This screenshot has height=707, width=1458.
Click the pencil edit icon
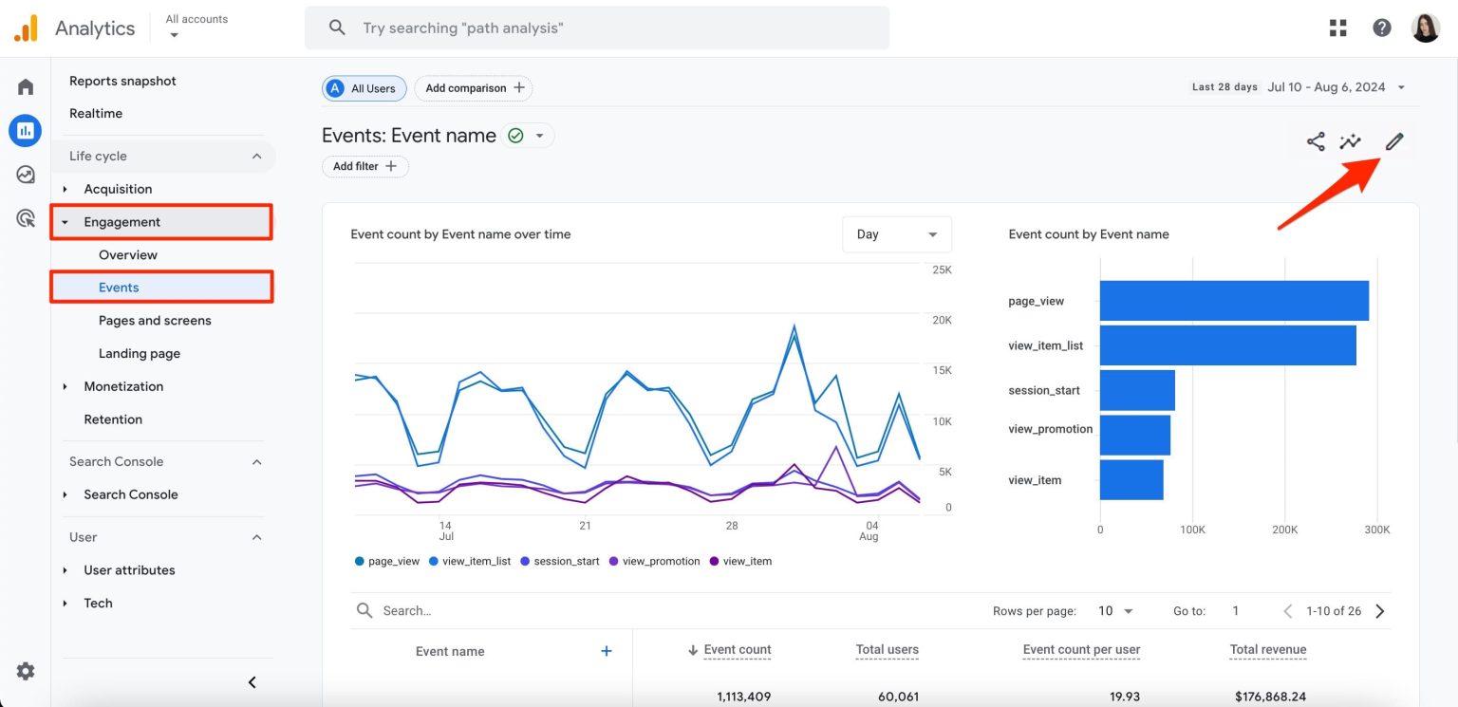[x=1393, y=142]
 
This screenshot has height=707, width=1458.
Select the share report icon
[x=1316, y=142]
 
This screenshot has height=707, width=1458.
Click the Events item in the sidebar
[x=119, y=288]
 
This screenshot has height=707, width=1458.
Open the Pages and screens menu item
[x=155, y=321]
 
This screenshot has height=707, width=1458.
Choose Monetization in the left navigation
[x=123, y=386]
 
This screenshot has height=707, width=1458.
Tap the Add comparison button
[x=474, y=88]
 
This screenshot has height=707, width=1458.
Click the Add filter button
[x=365, y=166]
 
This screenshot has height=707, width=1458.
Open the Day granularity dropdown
[x=896, y=234]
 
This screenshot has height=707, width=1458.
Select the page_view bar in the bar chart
[x=1233, y=301]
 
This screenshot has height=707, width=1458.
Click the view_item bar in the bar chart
[x=1131, y=479]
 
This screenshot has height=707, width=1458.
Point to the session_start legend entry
[x=566, y=562]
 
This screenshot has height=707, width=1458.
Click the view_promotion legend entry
[x=661, y=562]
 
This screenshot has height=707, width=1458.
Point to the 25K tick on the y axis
[x=942, y=270]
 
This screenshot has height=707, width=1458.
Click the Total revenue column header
[x=1267, y=650]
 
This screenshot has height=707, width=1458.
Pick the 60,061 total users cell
[x=897, y=697]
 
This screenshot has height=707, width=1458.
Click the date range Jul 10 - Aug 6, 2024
[x=1326, y=87]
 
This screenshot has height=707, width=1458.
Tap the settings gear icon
[x=26, y=671]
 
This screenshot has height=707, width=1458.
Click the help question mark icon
[x=1382, y=28]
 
